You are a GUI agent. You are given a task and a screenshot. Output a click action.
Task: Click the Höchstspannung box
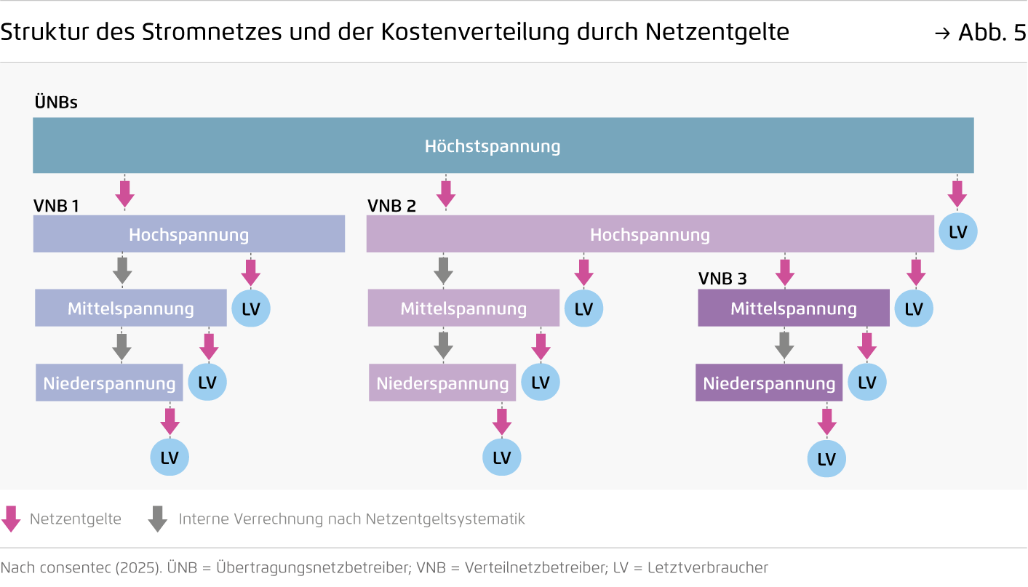tap(503, 145)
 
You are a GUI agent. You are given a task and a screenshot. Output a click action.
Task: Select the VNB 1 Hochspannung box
tap(189, 234)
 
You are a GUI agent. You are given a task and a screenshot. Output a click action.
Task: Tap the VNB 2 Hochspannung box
tap(650, 234)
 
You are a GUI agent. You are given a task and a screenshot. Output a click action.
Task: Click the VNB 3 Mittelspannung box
tap(794, 308)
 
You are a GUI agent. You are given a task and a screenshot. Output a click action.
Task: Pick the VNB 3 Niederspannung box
tap(769, 383)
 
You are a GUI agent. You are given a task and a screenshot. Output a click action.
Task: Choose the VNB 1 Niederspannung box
tap(109, 383)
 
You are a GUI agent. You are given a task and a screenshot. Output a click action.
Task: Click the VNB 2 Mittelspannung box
tap(463, 308)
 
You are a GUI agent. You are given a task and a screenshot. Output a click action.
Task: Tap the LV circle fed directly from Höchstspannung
tap(958, 231)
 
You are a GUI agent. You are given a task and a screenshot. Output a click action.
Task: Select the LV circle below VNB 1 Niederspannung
tap(170, 457)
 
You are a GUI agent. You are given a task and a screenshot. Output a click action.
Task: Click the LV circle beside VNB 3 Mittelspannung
tap(914, 308)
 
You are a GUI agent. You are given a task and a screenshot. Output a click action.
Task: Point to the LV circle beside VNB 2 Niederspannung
tap(541, 383)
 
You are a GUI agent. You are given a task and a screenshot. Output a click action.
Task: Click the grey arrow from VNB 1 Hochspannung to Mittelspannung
tap(122, 271)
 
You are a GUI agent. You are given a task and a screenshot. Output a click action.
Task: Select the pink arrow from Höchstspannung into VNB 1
tap(125, 194)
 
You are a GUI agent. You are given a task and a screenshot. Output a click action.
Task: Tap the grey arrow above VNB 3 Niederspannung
tap(784, 346)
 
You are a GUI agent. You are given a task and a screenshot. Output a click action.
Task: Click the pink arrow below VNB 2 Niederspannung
tap(502, 422)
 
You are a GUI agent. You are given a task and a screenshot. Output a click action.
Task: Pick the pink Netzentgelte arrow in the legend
tap(11, 519)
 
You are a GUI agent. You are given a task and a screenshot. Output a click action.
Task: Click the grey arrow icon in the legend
tap(158, 519)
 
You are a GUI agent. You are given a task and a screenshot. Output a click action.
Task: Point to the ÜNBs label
tap(56, 102)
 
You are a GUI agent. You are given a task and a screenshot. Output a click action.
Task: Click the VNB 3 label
tap(723, 279)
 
